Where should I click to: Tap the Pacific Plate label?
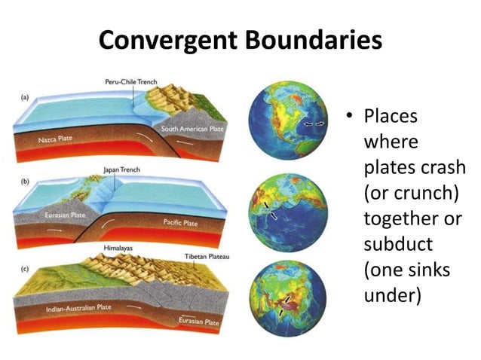pos(180,223)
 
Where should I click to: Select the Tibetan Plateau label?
pos(207,258)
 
